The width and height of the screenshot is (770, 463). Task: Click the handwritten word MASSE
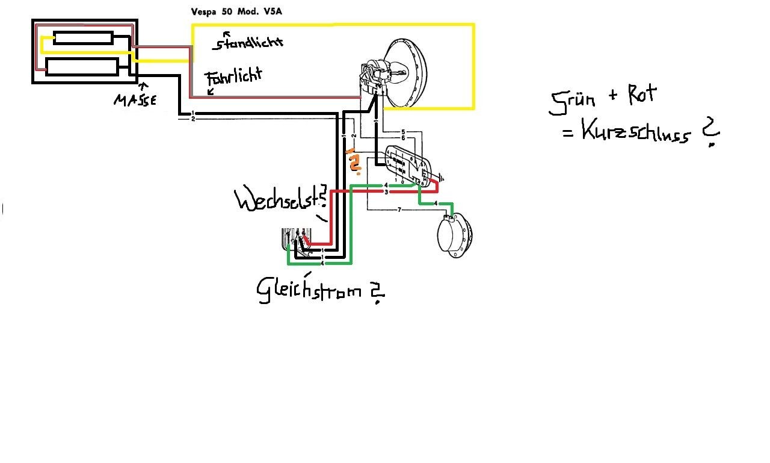point(135,99)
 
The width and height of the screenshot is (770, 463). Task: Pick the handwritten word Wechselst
point(278,200)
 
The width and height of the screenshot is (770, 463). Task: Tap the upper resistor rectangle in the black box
point(83,38)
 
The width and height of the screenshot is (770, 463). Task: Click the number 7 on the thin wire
point(399,210)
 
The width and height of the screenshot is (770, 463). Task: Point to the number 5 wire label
point(403,132)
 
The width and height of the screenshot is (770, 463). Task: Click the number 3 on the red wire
point(385,191)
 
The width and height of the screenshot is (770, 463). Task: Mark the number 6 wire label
point(403,138)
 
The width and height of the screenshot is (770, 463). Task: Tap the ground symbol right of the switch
point(443,178)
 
